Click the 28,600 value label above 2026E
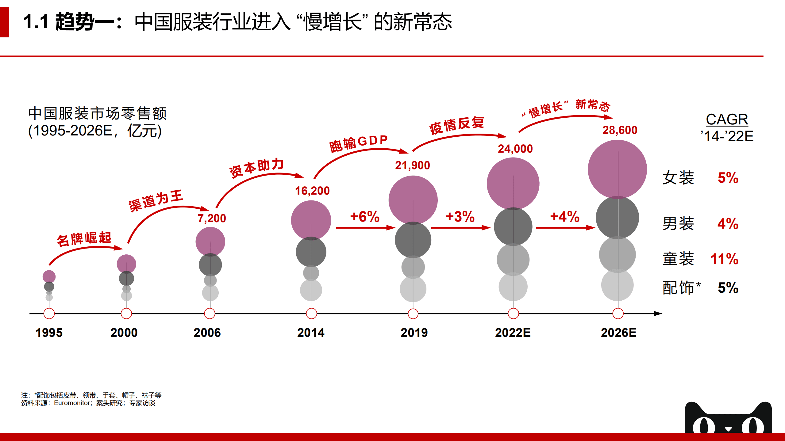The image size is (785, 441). click(620, 130)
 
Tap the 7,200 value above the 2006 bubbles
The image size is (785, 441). click(212, 219)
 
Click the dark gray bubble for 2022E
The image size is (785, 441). click(513, 227)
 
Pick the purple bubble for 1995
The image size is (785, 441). click(49, 276)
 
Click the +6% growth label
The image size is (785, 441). click(365, 217)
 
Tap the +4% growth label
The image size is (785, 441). click(565, 217)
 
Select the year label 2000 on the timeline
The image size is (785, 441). click(124, 333)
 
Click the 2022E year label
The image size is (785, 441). click(513, 333)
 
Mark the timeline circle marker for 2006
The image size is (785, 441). click(210, 314)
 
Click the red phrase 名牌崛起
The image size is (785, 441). click(84, 239)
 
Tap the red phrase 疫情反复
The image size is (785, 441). click(456, 125)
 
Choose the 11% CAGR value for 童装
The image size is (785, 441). click(724, 259)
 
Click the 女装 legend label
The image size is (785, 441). click(678, 178)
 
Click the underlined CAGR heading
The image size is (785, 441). click(727, 120)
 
